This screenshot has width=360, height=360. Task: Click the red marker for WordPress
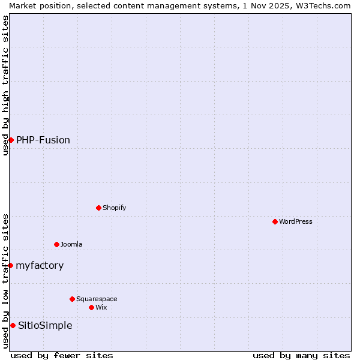(x=275, y=221)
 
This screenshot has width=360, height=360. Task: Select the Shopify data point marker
(x=98, y=208)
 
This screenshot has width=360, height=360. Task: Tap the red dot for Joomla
(x=56, y=244)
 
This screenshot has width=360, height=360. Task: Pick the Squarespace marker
(x=72, y=299)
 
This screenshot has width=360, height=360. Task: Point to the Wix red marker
(x=91, y=307)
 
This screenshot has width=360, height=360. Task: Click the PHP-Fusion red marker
(x=11, y=140)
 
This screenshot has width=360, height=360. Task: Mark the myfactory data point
(x=10, y=265)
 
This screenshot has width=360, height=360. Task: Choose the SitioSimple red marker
(x=13, y=325)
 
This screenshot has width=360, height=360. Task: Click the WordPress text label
(x=296, y=221)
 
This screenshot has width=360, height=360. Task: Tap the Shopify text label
(x=114, y=208)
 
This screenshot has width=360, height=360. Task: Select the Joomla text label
(x=71, y=244)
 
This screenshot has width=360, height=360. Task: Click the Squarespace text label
(x=97, y=299)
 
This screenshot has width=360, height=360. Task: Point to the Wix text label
(x=101, y=307)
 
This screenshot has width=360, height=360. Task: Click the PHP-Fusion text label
(x=43, y=140)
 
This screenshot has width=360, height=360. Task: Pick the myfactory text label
(x=40, y=265)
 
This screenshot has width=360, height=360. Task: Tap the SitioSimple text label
(x=45, y=325)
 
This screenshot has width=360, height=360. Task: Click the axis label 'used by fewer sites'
(x=62, y=355)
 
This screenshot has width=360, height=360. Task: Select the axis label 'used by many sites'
(x=301, y=355)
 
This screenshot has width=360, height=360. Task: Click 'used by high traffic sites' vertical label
(x=5, y=85)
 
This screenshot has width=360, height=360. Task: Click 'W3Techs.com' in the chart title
(x=322, y=5)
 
